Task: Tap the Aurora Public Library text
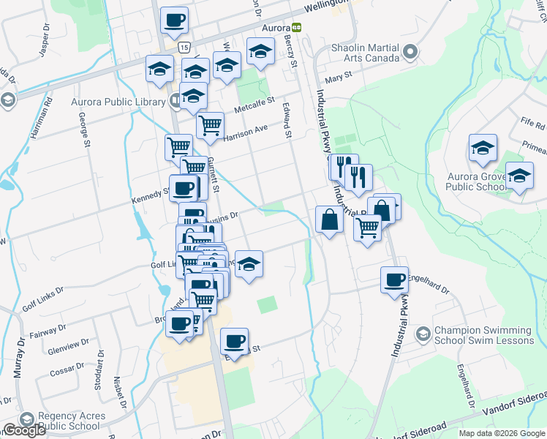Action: (x=119, y=101)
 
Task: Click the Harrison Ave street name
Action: (x=246, y=131)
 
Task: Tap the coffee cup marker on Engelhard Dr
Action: (x=395, y=279)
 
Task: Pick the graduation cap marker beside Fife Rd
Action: (x=483, y=148)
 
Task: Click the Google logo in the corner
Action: (x=24, y=430)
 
